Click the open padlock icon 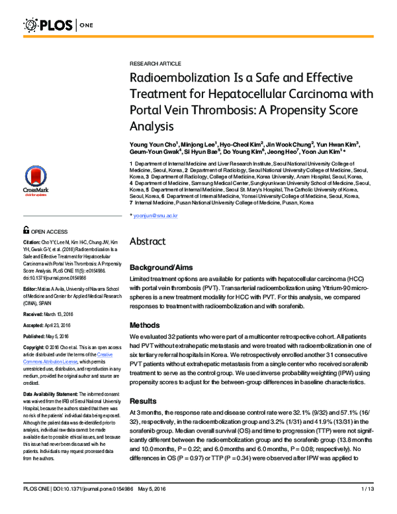[26, 231]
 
